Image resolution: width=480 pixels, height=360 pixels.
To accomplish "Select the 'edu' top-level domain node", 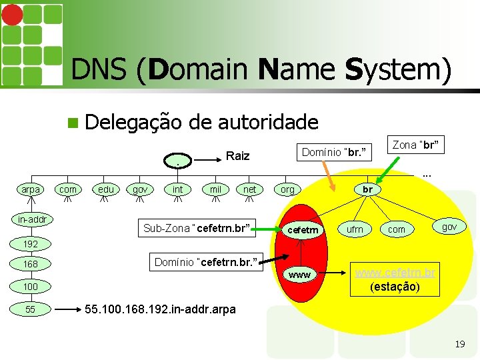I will pyautogui.click(x=105, y=190).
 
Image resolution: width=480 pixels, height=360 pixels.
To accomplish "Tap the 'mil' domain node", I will pyautogui.click(x=215, y=190).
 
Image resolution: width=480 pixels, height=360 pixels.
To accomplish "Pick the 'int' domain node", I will pyautogui.click(x=178, y=190).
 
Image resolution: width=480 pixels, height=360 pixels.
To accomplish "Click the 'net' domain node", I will pyautogui.click(x=250, y=190).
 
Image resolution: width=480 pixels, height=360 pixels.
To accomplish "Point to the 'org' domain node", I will pyautogui.click(x=287, y=190).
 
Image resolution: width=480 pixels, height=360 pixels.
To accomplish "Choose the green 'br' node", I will pyautogui.click(x=367, y=189).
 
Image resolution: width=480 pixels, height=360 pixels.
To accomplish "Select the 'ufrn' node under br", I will pyautogui.click(x=355, y=229).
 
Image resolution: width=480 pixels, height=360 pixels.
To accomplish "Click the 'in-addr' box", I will pyautogui.click(x=32, y=219).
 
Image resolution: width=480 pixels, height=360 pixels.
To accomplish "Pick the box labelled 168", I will pyautogui.click(x=31, y=265).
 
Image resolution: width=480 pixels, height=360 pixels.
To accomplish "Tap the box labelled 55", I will pyautogui.click(x=31, y=309).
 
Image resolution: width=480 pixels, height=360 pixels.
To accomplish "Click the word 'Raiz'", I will pyautogui.click(x=238, y=156).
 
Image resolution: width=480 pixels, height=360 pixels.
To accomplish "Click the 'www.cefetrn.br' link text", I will pyautogui.click(x=395, y=273).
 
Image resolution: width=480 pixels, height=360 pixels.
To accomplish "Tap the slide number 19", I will pyautogui.click(x=459, y=344).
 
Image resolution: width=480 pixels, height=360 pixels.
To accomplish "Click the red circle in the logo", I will pyautogui.click(x=12, y=15).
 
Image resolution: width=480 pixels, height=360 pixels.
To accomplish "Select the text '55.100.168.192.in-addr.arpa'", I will pyautogui.click(x=161, y=309).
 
